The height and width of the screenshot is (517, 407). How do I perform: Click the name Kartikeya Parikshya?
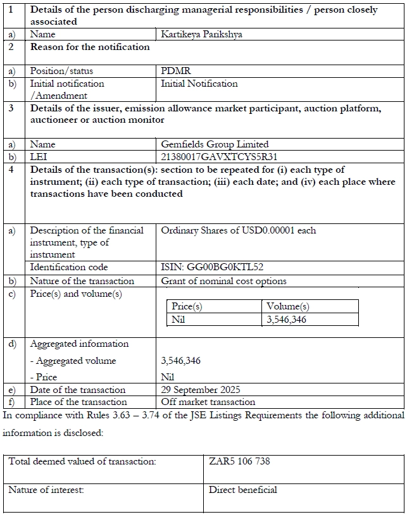tap(201, 34)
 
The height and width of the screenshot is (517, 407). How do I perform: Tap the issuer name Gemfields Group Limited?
tap(215, 144)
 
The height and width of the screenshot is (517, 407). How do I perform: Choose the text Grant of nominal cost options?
tap(223, 280)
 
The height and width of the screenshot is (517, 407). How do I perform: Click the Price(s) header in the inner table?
tap(187, 306)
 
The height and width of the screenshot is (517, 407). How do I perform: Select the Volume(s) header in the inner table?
tap(288, 306)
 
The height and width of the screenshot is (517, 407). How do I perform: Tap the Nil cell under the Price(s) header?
tap(179, 320)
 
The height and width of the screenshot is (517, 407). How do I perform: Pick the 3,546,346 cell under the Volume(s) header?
tap(287, 320)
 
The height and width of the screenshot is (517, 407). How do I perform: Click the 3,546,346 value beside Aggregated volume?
tap(181, 361)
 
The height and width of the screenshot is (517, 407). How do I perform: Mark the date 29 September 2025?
tap(201, 390)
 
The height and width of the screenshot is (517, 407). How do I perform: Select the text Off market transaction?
tap(208, 402)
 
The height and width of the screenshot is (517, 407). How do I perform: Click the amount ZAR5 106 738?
tap(239, 461)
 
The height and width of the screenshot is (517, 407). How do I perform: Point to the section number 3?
tap(11, 108)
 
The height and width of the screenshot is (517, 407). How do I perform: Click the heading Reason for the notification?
tap(90, 47)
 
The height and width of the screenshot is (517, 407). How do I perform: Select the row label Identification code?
tap(69, 267)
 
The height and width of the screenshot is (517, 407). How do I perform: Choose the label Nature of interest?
tap(46, 489)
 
